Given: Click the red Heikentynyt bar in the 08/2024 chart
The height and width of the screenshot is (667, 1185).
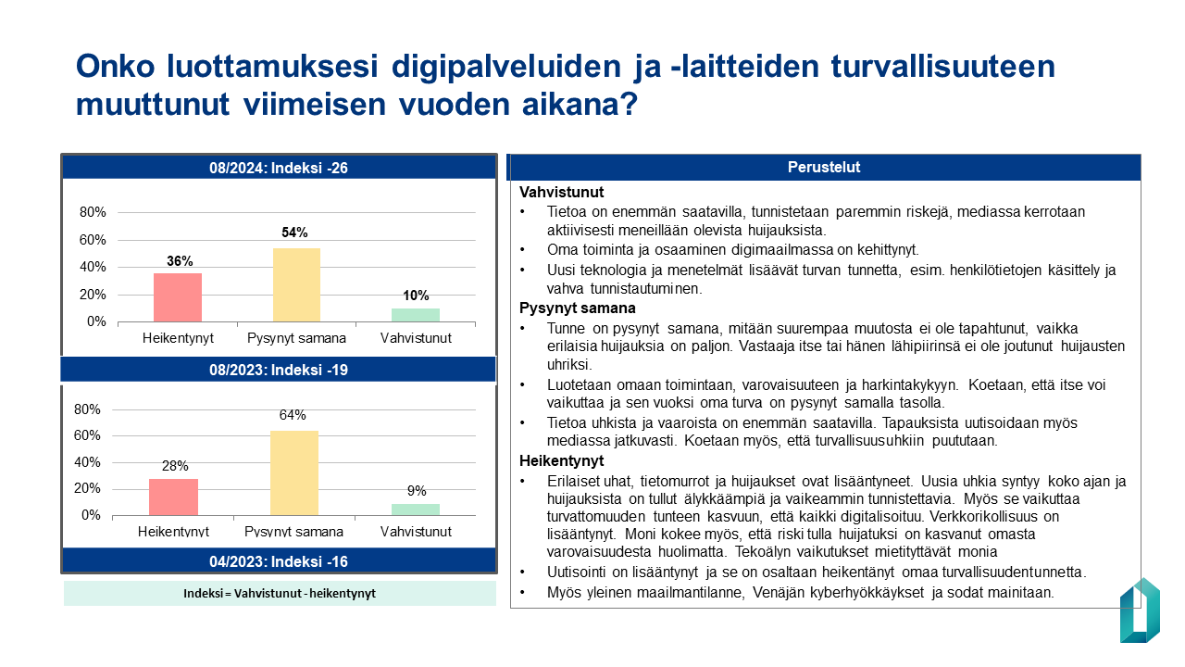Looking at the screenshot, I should click(x=178, y=297).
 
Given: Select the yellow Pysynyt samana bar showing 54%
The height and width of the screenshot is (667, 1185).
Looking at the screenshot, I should click(x=296, y=285).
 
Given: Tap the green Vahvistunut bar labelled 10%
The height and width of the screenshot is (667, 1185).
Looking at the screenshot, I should click(x=416, y=315).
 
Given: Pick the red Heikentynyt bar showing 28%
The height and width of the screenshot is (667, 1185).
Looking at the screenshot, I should click(x=174, y=497).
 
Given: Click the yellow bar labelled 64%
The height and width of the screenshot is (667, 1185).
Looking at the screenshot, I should click(x=293, y=472).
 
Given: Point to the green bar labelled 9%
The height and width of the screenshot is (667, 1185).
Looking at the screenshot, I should click(x=416, y=510).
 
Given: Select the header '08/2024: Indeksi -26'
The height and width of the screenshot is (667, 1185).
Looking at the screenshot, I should click(x=279, y=168).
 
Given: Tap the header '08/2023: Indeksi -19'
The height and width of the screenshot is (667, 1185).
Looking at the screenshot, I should click(x=279, y=370).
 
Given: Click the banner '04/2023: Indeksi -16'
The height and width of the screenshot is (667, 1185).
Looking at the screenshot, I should click(x=279, y=560).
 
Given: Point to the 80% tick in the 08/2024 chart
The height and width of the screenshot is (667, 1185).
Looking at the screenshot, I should click(x=93, y=212).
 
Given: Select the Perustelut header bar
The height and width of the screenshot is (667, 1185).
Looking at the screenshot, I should click(x=824, y=168).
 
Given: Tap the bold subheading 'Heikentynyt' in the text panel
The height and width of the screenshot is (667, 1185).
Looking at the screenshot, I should click(x=561, y=460).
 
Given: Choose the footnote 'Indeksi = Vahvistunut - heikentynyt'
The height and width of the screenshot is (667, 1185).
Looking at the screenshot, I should click(x=280, y=594).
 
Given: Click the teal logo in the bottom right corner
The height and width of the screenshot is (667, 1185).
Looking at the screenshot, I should click(x=1140, y=610).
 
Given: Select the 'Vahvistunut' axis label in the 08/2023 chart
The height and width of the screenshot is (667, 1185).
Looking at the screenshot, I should click(x=416, y=532).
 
